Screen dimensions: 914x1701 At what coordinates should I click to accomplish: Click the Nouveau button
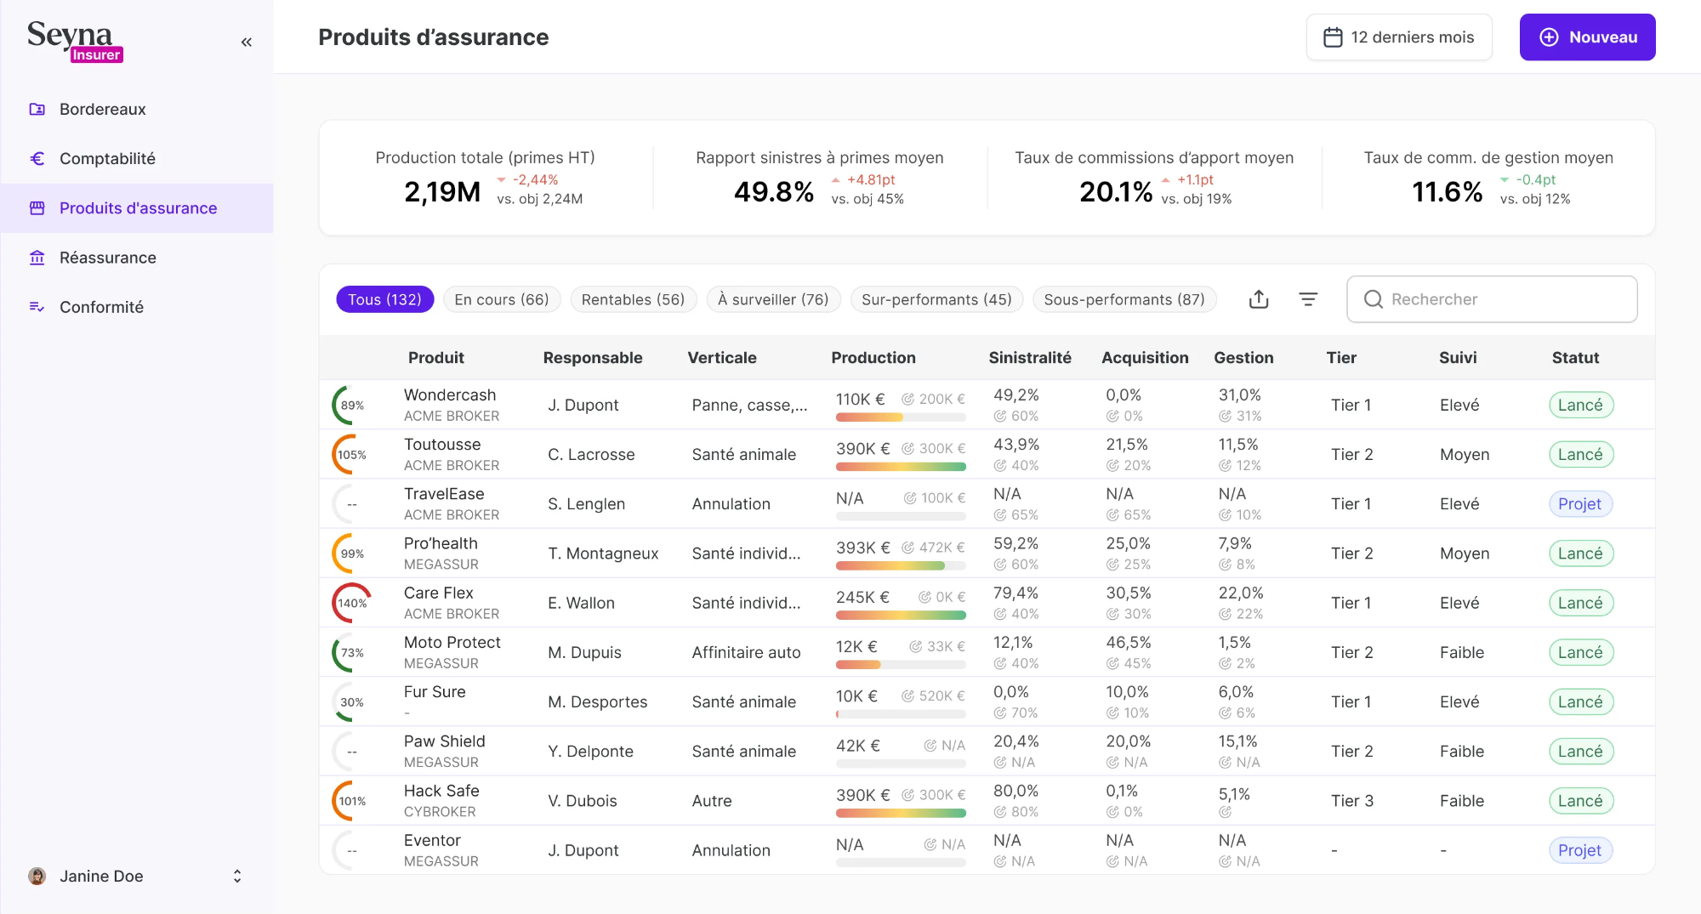(x=1587, y=37)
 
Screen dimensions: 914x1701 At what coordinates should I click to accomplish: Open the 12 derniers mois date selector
(x=1399, y=37)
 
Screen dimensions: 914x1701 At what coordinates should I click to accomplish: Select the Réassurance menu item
(x=107, y=258)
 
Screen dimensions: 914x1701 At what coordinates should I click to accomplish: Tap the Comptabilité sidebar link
(x=107, y=159)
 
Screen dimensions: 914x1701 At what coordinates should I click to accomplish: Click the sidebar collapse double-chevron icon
(x=247, y=43)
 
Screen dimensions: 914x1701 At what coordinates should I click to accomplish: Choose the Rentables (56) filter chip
(x=633, y=299)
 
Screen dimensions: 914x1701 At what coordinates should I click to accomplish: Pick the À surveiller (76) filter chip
(x=772, y=299)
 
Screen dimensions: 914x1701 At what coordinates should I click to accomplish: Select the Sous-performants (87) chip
(x=1124, y=299)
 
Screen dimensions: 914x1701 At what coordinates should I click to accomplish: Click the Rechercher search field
(x=1492, y=299)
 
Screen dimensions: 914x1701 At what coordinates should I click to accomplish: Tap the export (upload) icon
(x=1259, y=299)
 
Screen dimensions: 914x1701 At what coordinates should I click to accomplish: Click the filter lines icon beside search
(x=1308, y=299)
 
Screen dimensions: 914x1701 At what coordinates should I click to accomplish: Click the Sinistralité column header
(x=1029, y=358)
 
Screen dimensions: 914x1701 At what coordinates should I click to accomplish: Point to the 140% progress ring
(x=351, y=603)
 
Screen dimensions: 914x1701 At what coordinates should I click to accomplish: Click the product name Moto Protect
(x=452, y=643)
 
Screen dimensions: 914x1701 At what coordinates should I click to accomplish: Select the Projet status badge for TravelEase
(x=1579, y=504)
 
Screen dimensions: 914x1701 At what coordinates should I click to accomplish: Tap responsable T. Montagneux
(x=602, y=554)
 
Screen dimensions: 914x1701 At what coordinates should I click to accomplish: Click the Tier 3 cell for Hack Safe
(x=1351, y=801)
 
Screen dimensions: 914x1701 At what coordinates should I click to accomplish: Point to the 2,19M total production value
(x=442, y=192)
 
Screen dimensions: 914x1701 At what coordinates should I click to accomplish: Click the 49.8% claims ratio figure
(x=774, y=192)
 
